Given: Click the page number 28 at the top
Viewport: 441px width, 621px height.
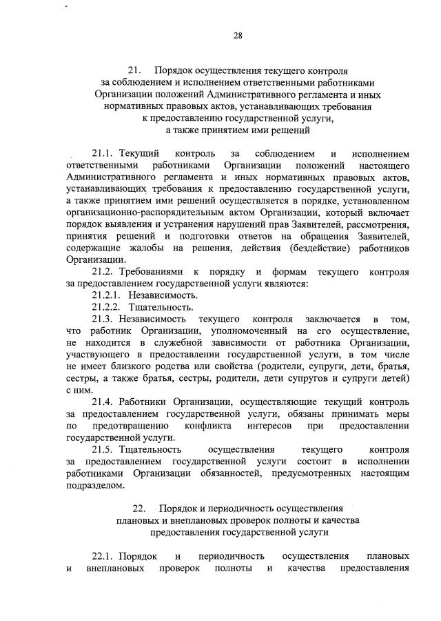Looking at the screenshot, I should point(237,35).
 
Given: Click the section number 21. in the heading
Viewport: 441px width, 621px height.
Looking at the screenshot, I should point(134,70).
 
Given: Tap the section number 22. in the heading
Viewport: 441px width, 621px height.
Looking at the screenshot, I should point(141,509).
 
